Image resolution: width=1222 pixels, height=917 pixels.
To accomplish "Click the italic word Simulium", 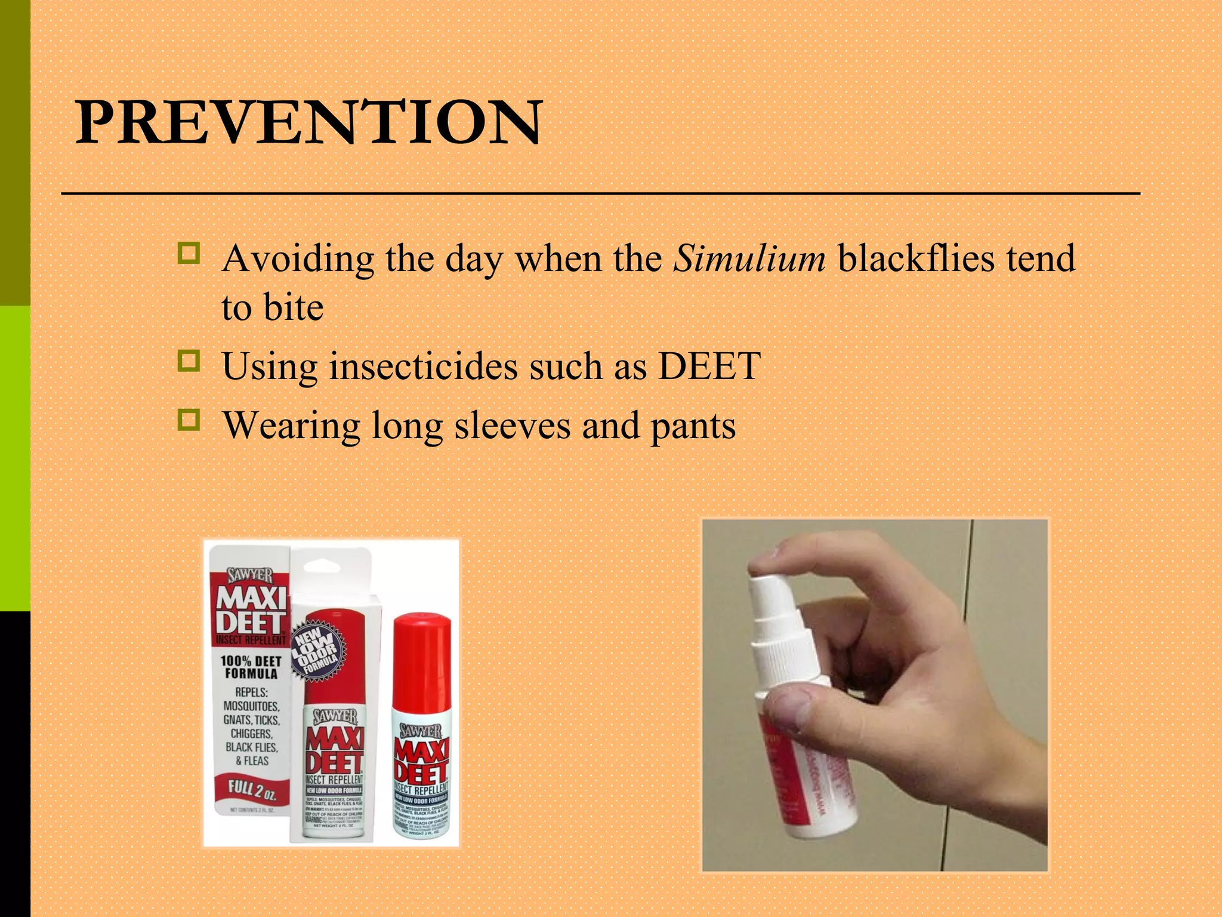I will pos(749,259).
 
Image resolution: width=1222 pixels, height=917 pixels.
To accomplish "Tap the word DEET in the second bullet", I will pos(709,366).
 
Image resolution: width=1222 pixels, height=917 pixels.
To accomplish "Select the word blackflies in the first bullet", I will pos(916,259).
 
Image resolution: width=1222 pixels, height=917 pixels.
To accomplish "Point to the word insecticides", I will pos(423,366).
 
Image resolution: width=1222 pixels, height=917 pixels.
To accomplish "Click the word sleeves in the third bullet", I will pos(512,426).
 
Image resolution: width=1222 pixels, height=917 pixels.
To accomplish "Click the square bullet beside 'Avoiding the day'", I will pos(189,253).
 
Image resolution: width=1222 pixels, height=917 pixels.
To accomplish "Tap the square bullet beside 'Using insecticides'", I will pos(189,361).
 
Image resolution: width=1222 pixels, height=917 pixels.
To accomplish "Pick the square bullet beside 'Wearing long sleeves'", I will pos(189,420).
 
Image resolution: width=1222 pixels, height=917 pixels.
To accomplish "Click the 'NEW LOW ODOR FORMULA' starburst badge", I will pos(318,651).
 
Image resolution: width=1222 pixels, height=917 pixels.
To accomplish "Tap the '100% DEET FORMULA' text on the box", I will pos(251,667).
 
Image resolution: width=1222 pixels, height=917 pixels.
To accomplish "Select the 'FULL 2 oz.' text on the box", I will pos(252,789).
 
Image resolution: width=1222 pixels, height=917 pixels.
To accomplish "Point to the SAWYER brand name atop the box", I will pos(250,576).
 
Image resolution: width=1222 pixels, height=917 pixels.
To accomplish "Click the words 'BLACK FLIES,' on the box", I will pos(251,747).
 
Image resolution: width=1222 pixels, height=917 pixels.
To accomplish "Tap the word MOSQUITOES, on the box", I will pos(251,706).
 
